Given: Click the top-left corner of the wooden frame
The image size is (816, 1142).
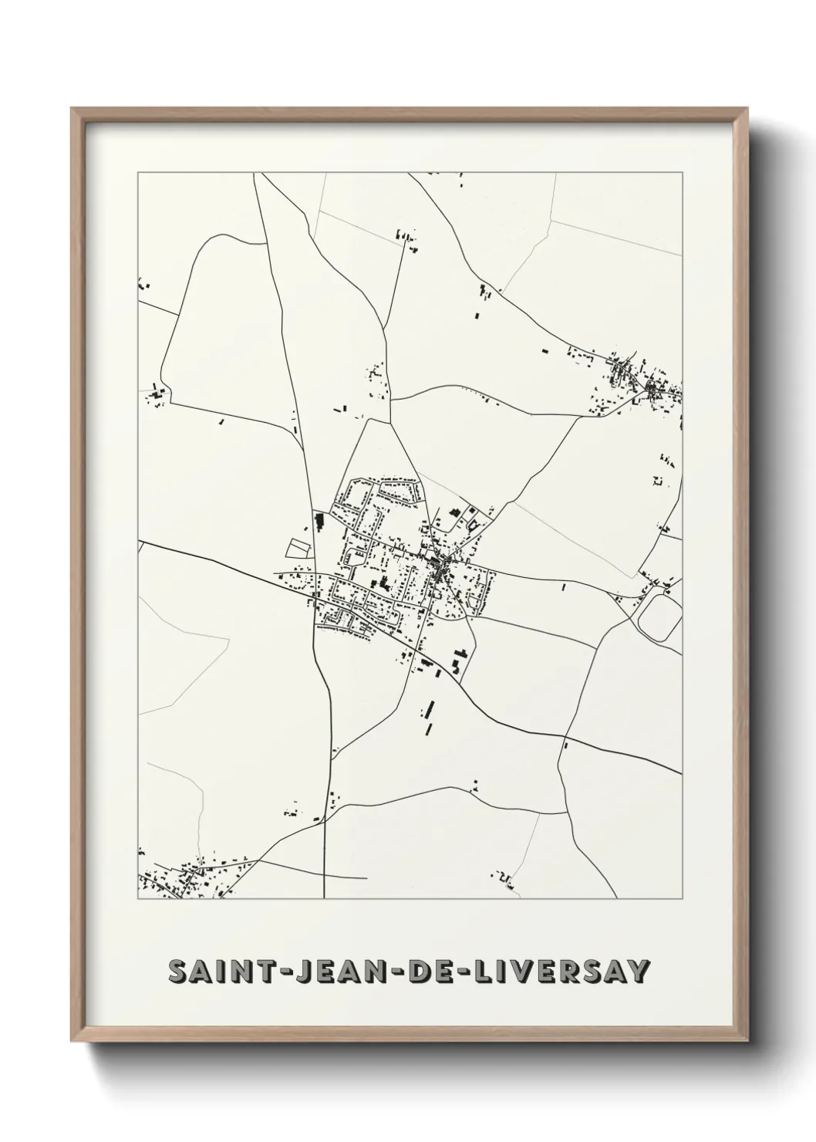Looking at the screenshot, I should [72, 109].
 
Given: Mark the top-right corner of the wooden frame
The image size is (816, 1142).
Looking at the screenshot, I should [747, 109].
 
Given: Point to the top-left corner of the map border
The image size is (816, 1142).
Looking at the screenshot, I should [138, 174].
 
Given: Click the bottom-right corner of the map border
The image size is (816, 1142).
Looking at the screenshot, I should [682, 899].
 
